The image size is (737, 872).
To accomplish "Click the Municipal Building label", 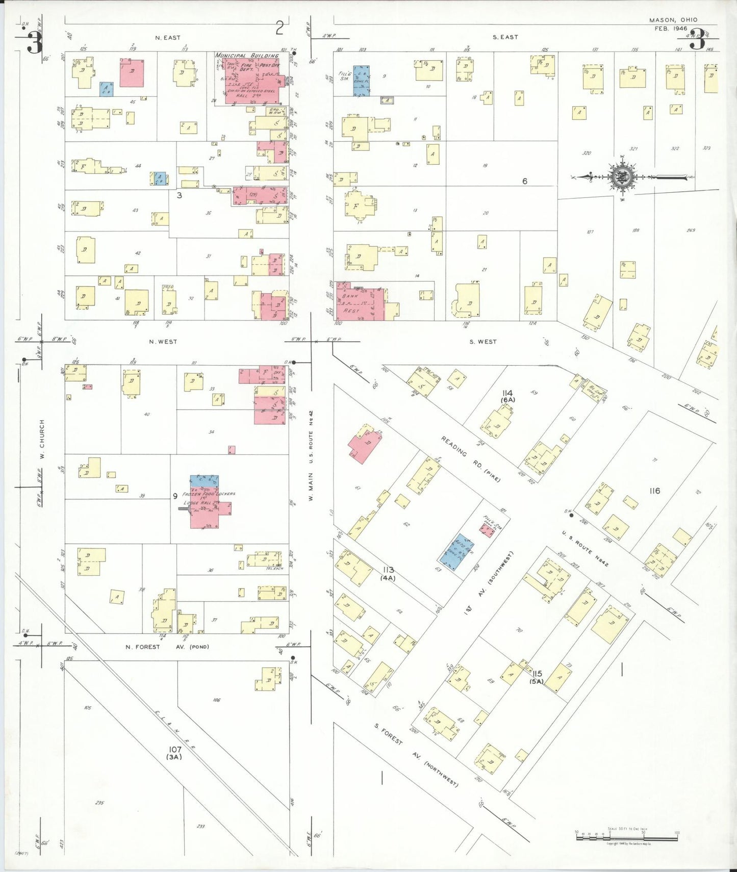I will (246, 56).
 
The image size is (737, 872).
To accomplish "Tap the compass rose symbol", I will (622, 177).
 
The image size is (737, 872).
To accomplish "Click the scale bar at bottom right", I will (626, 837).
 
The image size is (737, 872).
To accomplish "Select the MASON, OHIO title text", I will (673, 20).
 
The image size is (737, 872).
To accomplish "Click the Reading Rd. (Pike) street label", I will (470, 459).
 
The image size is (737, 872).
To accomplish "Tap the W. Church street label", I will (42, 439).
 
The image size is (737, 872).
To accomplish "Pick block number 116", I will (654, 491).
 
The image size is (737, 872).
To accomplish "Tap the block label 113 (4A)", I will (389, 573).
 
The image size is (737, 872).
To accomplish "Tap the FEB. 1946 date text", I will (671, 29).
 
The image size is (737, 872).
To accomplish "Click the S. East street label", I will (505, 37).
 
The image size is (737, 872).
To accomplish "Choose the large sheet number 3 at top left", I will (34, 42).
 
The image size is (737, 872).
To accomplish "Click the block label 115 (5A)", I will (536, 677).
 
